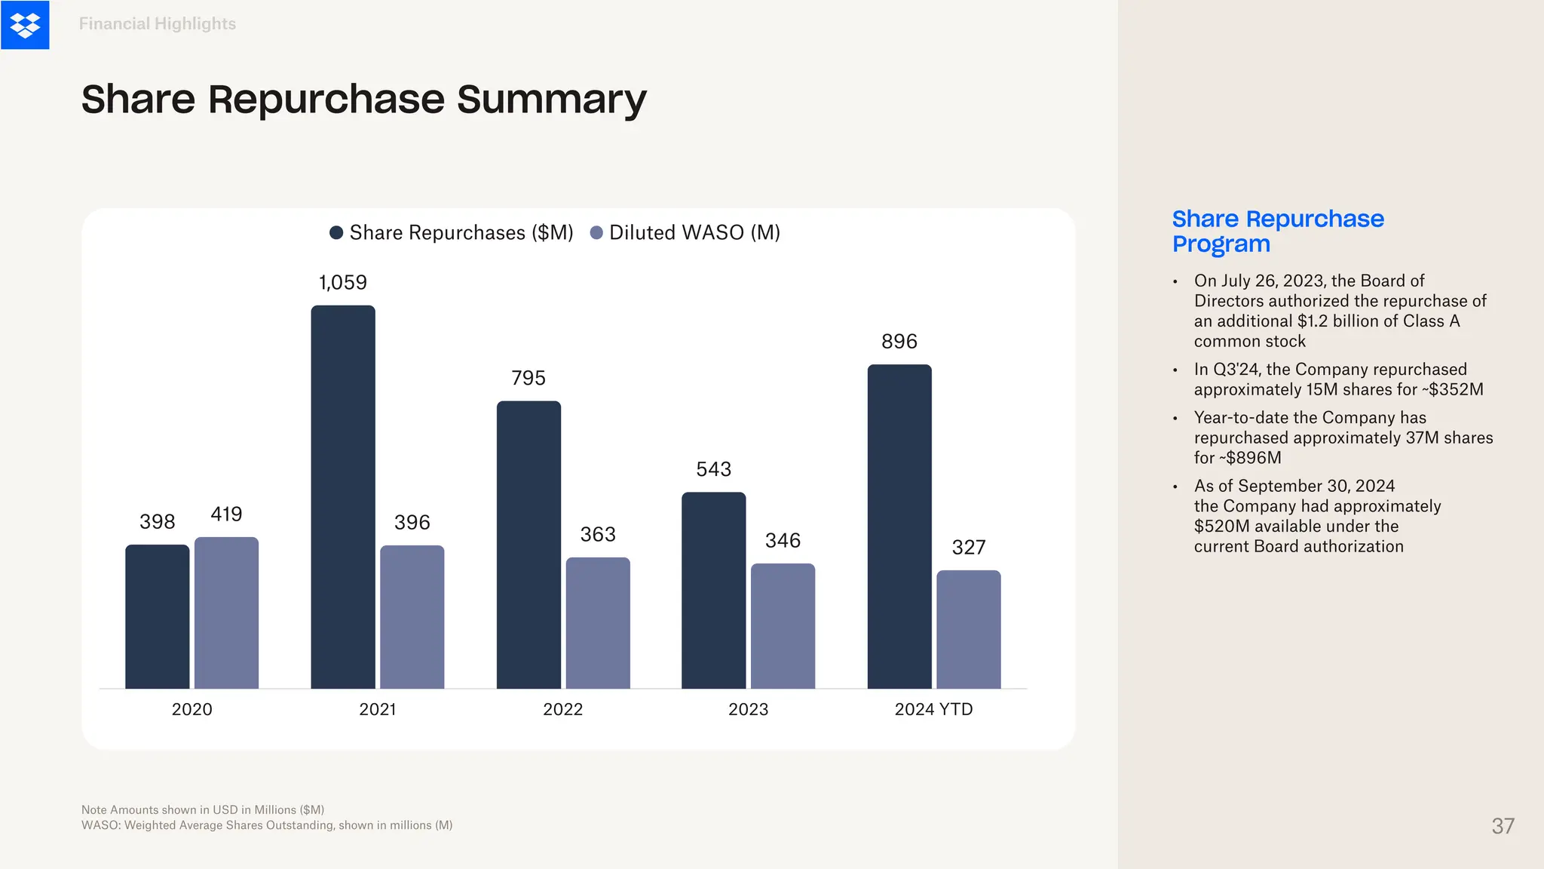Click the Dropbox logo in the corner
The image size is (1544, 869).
pos(25,25)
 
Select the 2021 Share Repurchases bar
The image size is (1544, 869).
pos(343,498)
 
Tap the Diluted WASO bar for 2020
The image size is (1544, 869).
pos(226,613)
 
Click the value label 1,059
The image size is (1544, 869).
pos(343,283)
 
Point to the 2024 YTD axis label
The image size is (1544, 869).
pos(933,709)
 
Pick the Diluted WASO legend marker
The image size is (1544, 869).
pos(596,232)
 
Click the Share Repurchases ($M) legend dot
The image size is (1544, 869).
pos(336,232)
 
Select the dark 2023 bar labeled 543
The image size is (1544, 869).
pos(713,590)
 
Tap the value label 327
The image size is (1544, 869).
pos(969,548)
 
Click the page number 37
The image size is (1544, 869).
pos(1503,826)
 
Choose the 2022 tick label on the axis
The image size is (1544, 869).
pos(562,709)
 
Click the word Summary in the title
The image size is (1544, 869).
pos(552,100)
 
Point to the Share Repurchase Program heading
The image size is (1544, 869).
pos(1277,231)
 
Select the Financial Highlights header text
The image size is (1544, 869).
pos(157,24)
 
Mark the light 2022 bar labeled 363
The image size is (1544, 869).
pos(598,623)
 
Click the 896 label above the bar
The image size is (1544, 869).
pos(899,342)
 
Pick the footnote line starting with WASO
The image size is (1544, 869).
pos(267,825)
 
